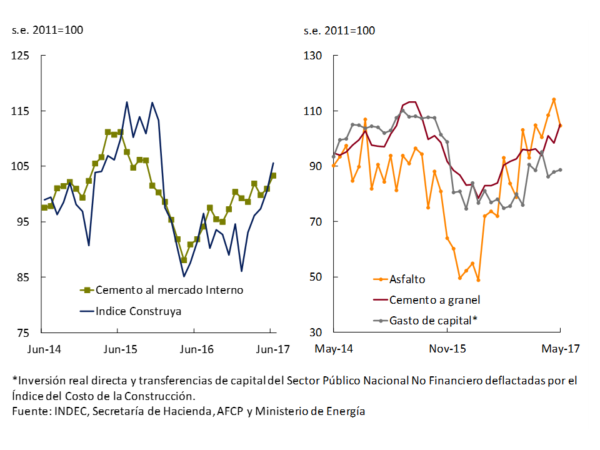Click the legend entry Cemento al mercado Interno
tap(169, 290)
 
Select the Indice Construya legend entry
tap(138, 311)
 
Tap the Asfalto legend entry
tap(407, 279)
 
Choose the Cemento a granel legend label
tap(434, 300)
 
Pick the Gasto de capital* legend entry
tap(433, 320)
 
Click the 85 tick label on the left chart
tap(23, 277)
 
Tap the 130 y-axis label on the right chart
tap(312, 56)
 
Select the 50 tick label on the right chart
tap(315, 277)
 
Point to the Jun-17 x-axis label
tap(273, 349)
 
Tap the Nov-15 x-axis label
tap(447, 349)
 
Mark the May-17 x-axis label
tap(560, 349)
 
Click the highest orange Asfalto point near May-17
tap(554, 99)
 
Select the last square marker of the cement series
tap(273, 176)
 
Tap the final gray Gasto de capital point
tap(560, 169)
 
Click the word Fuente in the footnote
tap(30, 411)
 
